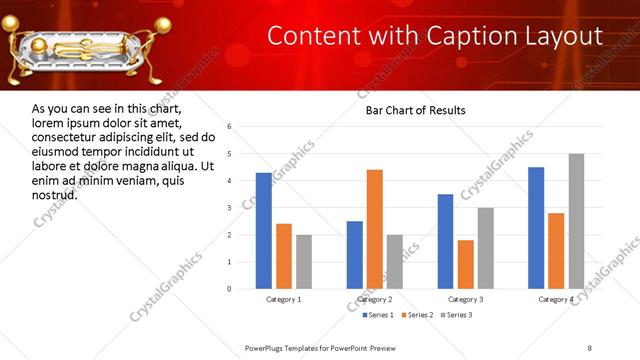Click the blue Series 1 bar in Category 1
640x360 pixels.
pos(264,231)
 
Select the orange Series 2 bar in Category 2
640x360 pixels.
pos(375,229)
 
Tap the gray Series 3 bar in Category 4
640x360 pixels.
pos(576,221)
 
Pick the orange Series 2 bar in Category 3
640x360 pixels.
pos(465,264)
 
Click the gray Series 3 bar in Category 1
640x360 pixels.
pos(304,262)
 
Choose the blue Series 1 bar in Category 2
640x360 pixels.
pos(355,255)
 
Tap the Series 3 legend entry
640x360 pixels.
pos(458,315)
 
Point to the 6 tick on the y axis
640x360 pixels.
pos(230,127)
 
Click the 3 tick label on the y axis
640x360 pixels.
pos(230,208)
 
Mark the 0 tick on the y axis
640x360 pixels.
pos(230,289)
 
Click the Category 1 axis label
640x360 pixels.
pos(284,299)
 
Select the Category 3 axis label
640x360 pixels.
pos(465,299)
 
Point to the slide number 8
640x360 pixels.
pos(589,347)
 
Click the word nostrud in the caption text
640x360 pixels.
pos(55,194)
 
